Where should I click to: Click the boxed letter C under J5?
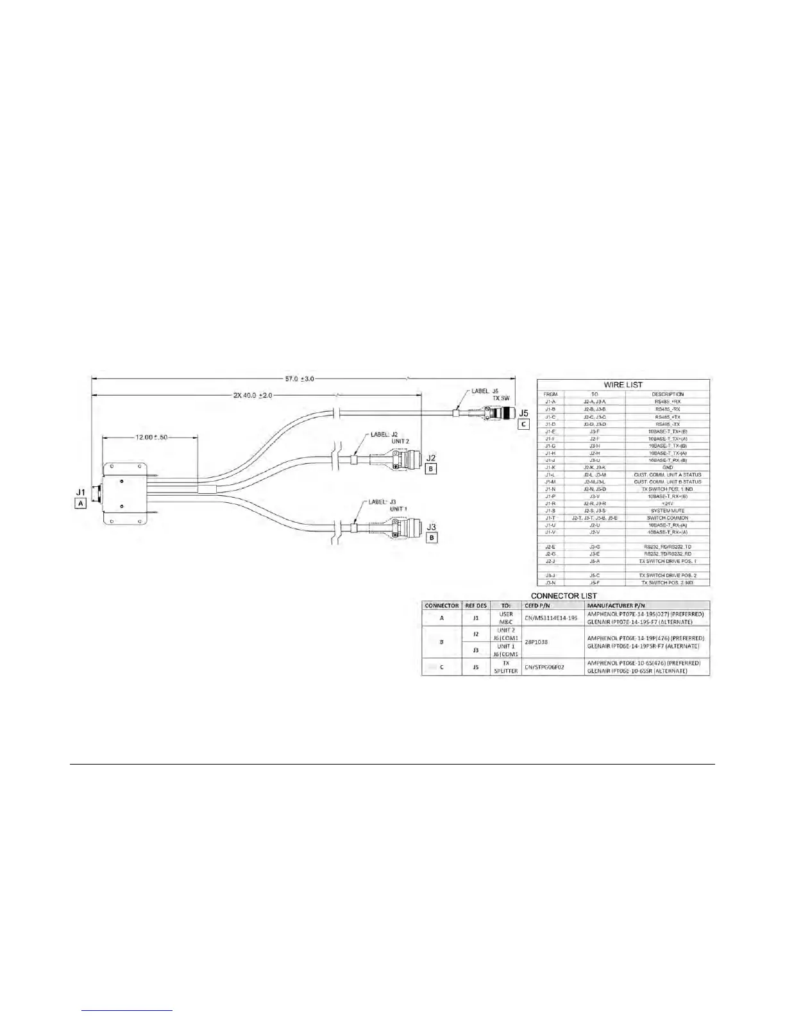click(524, 424)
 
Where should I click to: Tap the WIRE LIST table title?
click(623, 385)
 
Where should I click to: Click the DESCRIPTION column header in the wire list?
click(667, 394)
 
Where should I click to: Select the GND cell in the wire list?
click(667, 468)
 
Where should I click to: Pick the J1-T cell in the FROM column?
click(550, 518)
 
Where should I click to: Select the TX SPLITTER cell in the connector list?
click(505, 667)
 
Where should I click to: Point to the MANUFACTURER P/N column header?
click(616, 605)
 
